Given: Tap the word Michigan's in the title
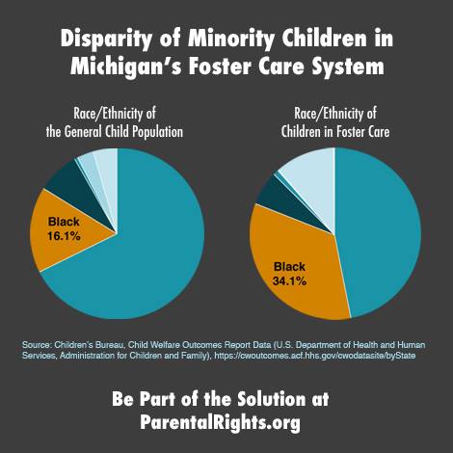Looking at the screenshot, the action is (126, 67).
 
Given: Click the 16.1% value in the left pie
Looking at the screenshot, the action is (64, 236).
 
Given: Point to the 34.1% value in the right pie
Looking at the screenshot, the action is (289, 281).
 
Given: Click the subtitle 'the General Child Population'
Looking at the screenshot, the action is (115, 132).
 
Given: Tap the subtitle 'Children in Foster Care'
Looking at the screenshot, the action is (335, 132).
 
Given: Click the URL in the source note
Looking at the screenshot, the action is (315, 356).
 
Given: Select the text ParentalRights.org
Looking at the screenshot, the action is (220, 422).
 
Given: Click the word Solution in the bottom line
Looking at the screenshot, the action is (272, 399).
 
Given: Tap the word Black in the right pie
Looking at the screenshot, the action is (289, 267).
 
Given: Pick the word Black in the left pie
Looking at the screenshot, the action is (64, 222).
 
